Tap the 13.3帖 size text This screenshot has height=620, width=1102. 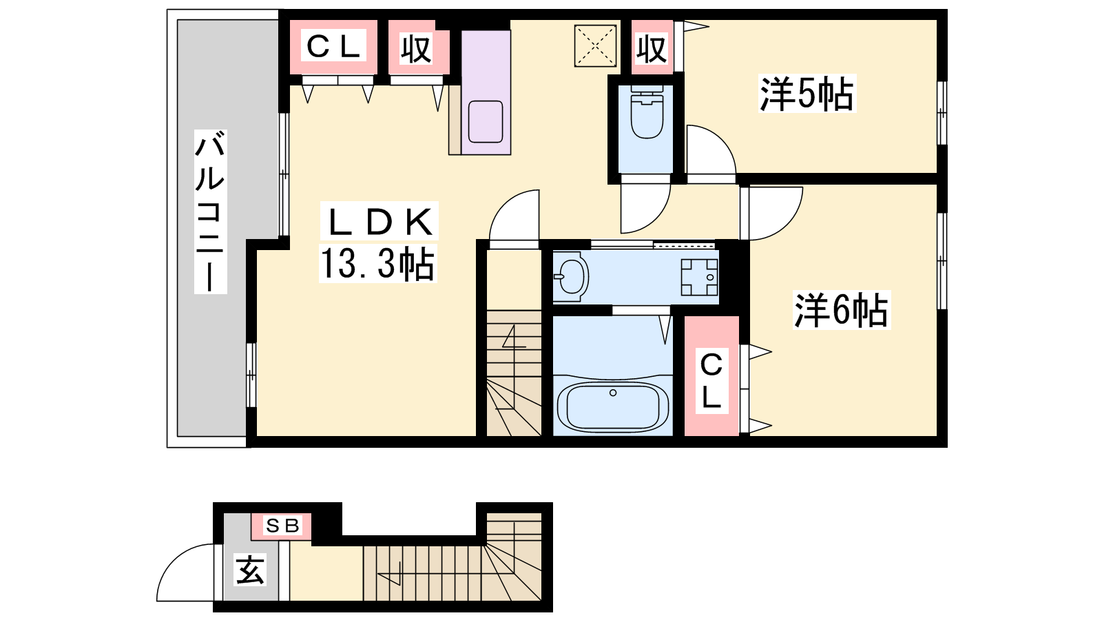pos(378,264)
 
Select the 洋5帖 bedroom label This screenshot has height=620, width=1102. pos(807,94)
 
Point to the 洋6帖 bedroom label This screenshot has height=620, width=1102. pos(841,310)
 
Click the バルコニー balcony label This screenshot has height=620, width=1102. pos(211,211)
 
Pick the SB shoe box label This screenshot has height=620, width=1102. pos(282,526)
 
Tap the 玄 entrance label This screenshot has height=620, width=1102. pos(251,570)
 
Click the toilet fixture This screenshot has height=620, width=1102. pos(646,112)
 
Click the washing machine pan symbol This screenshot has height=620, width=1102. pos(699,277)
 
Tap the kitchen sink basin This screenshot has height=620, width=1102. pos(486,121)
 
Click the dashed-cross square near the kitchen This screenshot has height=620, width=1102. pos(595,45)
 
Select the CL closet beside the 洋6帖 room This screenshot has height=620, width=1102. pos(711,376)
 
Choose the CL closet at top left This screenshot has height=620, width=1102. pos(333,48)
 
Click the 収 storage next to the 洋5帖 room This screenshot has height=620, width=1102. pos(652,48)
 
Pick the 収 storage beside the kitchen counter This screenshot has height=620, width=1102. pos(418,48)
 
